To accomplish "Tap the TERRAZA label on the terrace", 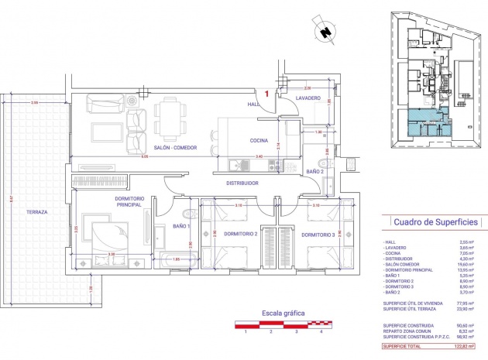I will tap(36, 211).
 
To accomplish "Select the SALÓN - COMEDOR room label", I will tap(175, 147).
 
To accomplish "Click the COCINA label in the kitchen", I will tap(259, 140).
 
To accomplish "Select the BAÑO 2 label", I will tap(314, 171).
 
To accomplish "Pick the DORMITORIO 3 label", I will tap(318, 234).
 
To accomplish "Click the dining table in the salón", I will tap(170, 117).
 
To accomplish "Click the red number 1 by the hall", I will tap(267, 93).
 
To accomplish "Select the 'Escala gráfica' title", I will tap(283, 314).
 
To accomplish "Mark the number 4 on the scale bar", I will tap(321, 331).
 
